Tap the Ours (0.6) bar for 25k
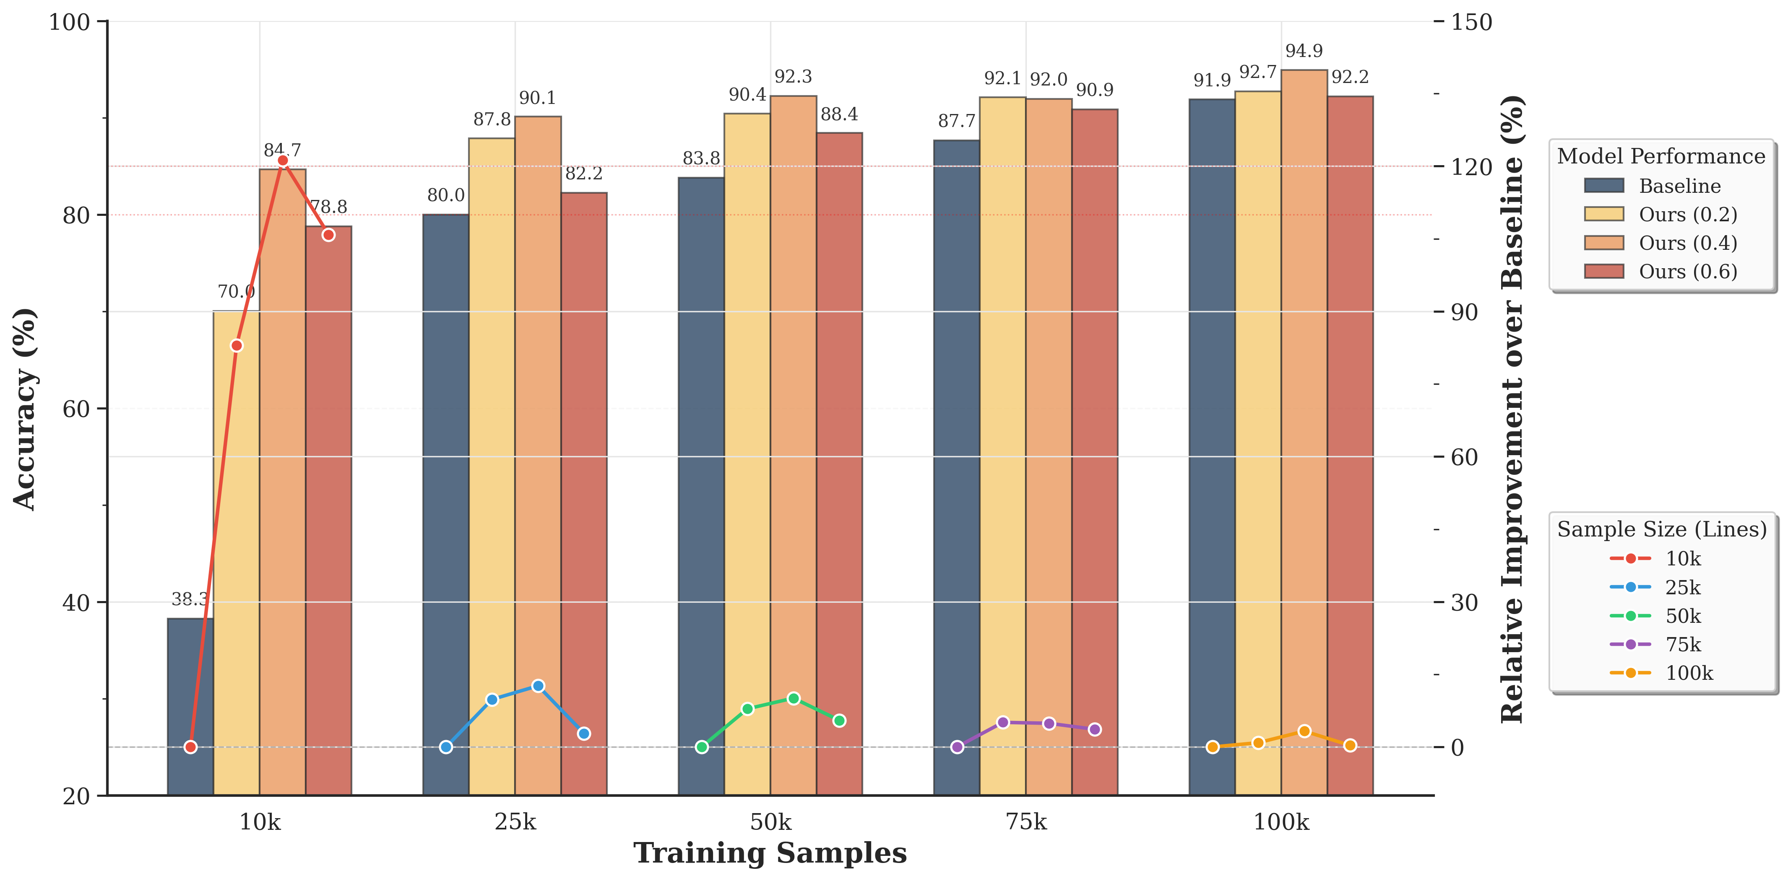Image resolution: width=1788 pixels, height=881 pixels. click(x=584, y=492)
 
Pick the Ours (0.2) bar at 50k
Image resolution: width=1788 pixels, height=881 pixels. click(x=747, y=451)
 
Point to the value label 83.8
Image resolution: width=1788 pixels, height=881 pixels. click(x=701, y=159)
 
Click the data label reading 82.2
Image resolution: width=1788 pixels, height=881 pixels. click(x=584, y=174)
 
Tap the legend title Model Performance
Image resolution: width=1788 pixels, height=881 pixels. click(x=1661, y=156)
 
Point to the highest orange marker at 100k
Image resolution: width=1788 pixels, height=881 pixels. click(x=1304, y=731)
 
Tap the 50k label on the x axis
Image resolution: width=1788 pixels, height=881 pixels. click(x=770, y=822)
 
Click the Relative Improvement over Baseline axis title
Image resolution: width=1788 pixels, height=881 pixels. click(x=1513, y=409)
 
